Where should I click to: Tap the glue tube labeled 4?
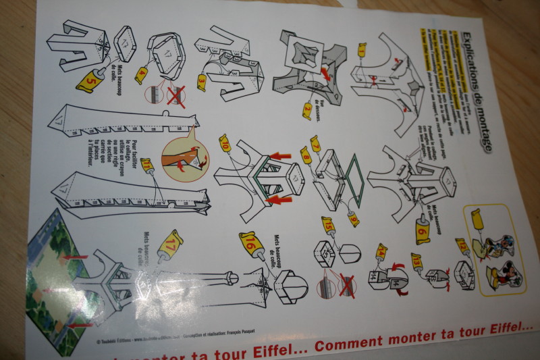141,72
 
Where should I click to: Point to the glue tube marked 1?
361,49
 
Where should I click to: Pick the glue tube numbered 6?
422,231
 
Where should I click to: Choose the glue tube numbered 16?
249,244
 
